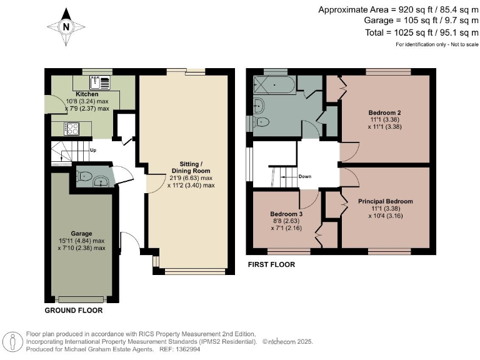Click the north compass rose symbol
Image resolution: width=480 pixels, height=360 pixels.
[64, 26]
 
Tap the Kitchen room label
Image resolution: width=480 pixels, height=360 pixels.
[79, 94]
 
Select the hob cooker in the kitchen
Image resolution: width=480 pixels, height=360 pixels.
[71, 128]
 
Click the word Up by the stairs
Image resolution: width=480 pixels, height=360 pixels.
[93, 151]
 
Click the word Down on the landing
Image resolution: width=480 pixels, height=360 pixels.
[305, 176]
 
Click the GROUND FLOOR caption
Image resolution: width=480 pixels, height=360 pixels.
[74, 310]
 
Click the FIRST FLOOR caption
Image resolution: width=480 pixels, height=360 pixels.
[271, 265]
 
